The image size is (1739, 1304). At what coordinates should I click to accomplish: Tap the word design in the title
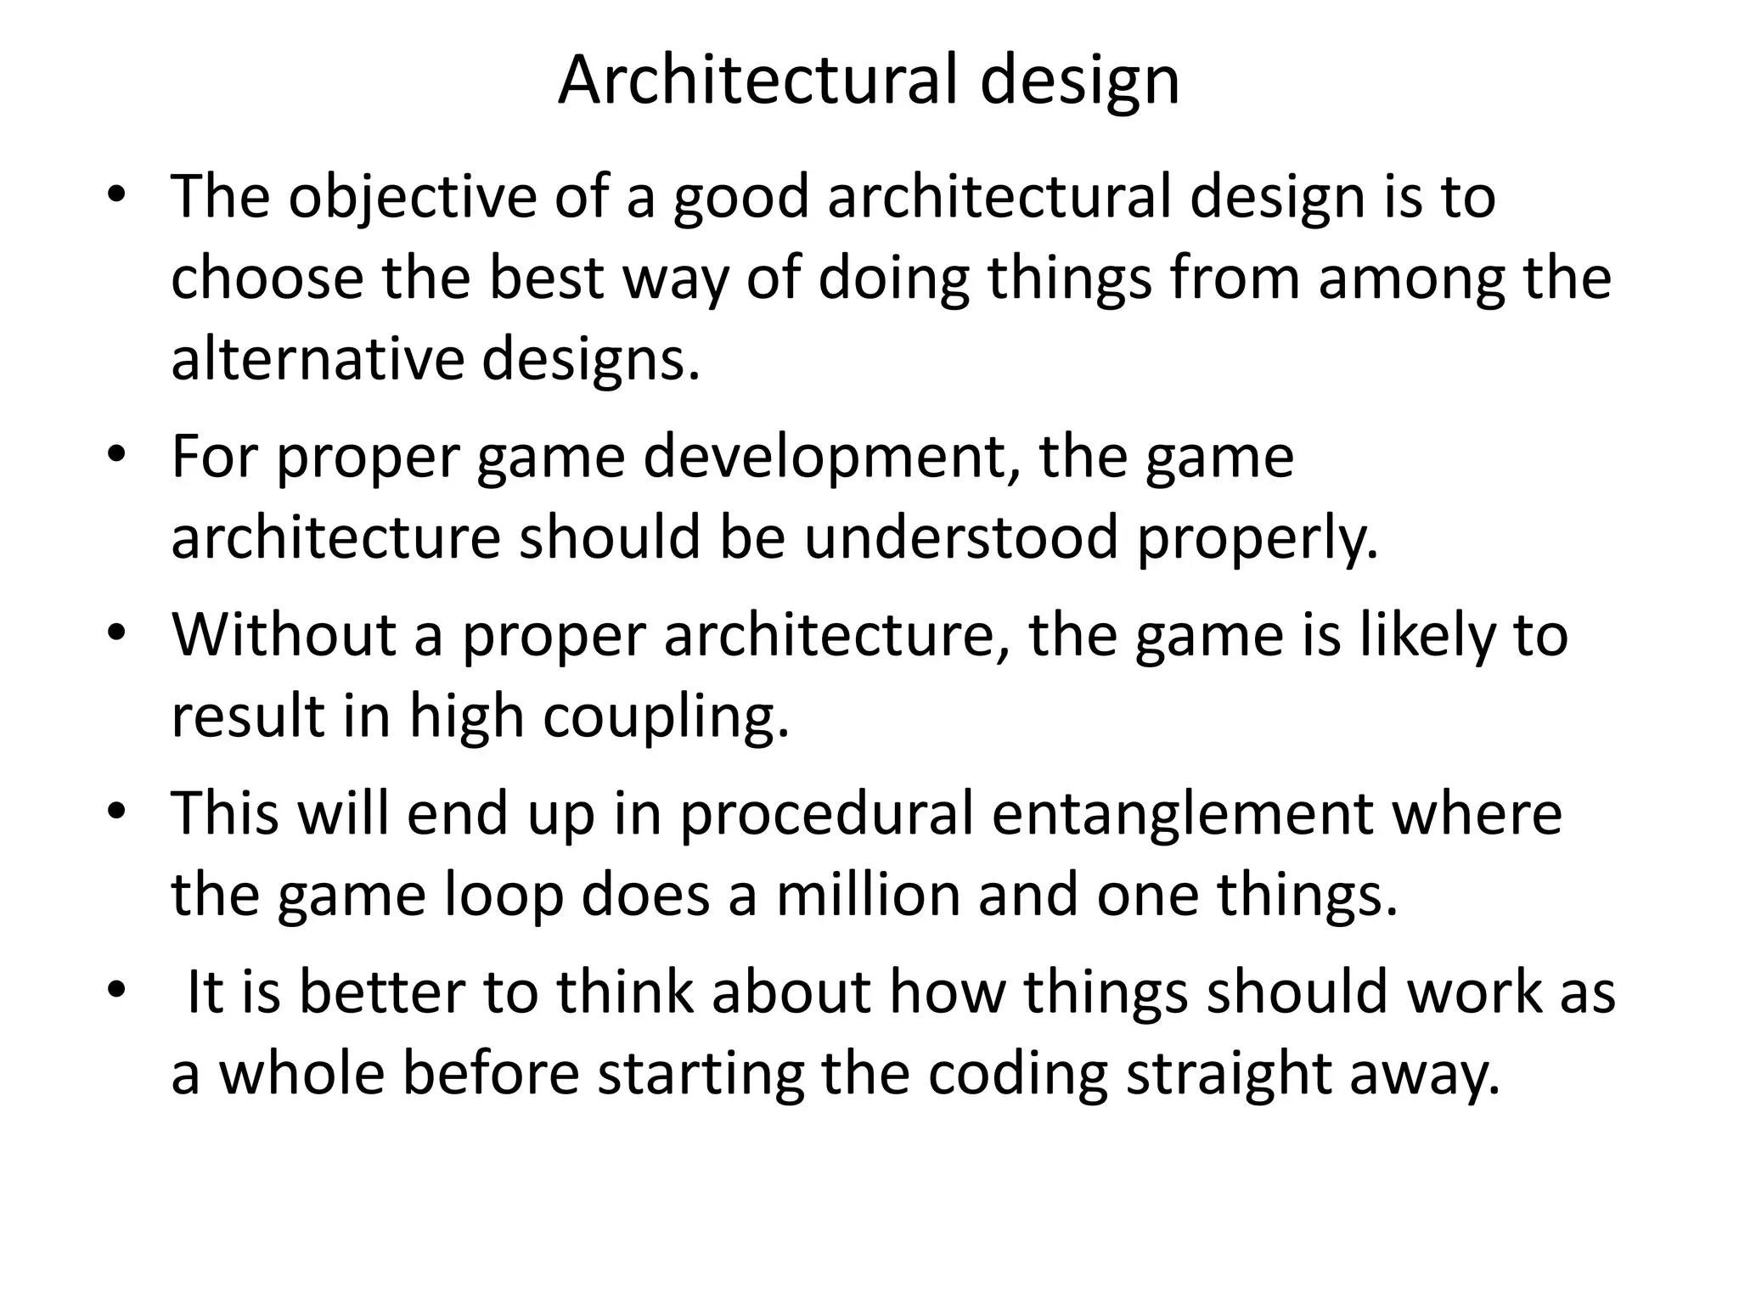click(1079, 81)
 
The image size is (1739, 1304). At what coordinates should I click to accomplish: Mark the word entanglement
click(1181, 812)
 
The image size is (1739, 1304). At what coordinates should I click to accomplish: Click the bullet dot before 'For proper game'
click(116, 453)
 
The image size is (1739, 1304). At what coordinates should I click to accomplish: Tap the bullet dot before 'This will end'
click(116, 810)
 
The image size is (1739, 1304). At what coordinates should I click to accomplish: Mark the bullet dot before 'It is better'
click(116, 988)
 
